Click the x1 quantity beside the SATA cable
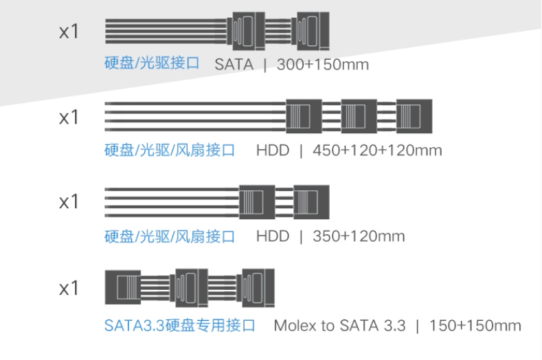[69, 32]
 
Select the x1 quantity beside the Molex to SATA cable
[69, 288]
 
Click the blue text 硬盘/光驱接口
[152, 64]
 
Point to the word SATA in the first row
[234, 65]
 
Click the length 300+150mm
[323, 65]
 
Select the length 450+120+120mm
[377, 150]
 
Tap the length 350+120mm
[359, 236]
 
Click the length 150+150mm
[475, 325]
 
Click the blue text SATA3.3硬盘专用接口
[180, 325]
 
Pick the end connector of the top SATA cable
[310, 31]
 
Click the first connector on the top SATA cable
[247, 31]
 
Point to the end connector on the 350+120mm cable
[310, 202]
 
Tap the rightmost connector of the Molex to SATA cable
[256, 288]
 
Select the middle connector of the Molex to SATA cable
[192, 288]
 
